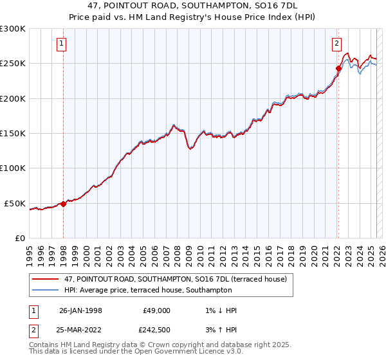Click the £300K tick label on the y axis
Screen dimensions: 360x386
point(13,29)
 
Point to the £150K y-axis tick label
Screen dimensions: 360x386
point(13,134)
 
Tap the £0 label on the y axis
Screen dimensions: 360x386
point(20,238)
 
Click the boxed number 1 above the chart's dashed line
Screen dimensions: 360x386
point(61,44)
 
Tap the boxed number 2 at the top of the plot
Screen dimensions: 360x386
point(336,44)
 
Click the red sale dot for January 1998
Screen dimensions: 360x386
point(63,204)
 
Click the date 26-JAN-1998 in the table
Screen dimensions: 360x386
point(80,310)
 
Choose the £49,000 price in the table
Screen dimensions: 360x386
point(156,310)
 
